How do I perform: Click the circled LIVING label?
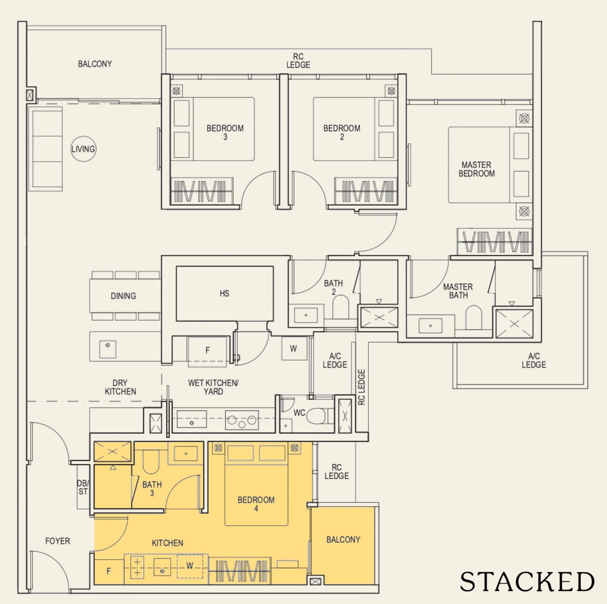(x=83, y=149)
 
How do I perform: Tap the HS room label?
(x=224, y=293)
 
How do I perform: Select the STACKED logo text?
(x=527, y=581)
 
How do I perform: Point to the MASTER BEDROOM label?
(x=476, y=169)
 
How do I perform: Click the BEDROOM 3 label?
(x=225, y=132)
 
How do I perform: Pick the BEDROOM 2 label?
(x=342, y=132)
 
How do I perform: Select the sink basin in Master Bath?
(x=430, y=326)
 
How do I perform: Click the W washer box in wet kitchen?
(x=294, y=348)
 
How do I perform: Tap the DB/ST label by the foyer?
(x=83, y=487)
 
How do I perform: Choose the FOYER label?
(x=58, y=541)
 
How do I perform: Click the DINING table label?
(x=123, y=296)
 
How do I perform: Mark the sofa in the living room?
(x=47, y=148)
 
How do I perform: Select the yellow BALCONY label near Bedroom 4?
(x=343, y=540)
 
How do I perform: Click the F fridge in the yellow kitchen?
(x=109, y=571)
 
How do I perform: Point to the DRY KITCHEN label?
(x=120, y=387)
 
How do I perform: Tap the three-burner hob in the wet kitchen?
(x=242, y=421)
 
